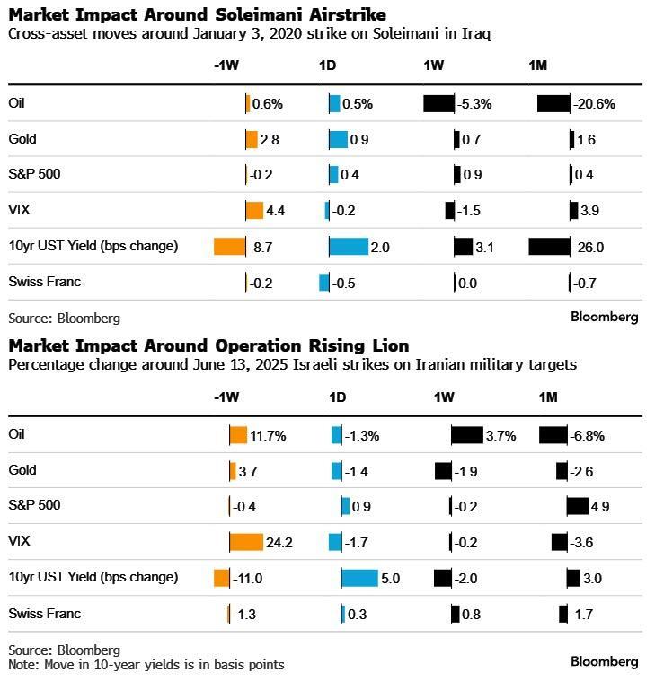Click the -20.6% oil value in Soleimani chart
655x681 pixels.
tap(594, 104)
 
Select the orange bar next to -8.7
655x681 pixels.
tap(229, 246)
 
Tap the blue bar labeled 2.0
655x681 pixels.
tap(349, 246)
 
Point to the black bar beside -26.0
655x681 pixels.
tap(549, 246)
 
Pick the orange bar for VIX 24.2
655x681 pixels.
tap(246, 542)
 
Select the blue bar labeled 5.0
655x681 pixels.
tap(359, 578)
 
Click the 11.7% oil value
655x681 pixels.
tap(268, 436)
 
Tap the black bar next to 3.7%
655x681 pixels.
tap(467, 435)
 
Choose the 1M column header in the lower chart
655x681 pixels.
tap(548, 397)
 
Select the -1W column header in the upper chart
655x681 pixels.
tap(226, 65)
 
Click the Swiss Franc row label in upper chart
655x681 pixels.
tap(44, 282)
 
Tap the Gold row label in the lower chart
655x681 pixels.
tap(22, 470)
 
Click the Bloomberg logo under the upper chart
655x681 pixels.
tap(605, 317)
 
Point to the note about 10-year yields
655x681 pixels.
tap(146, 665)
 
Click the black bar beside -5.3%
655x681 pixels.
tap(438, 103)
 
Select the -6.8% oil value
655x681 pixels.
tap(588, 436)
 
